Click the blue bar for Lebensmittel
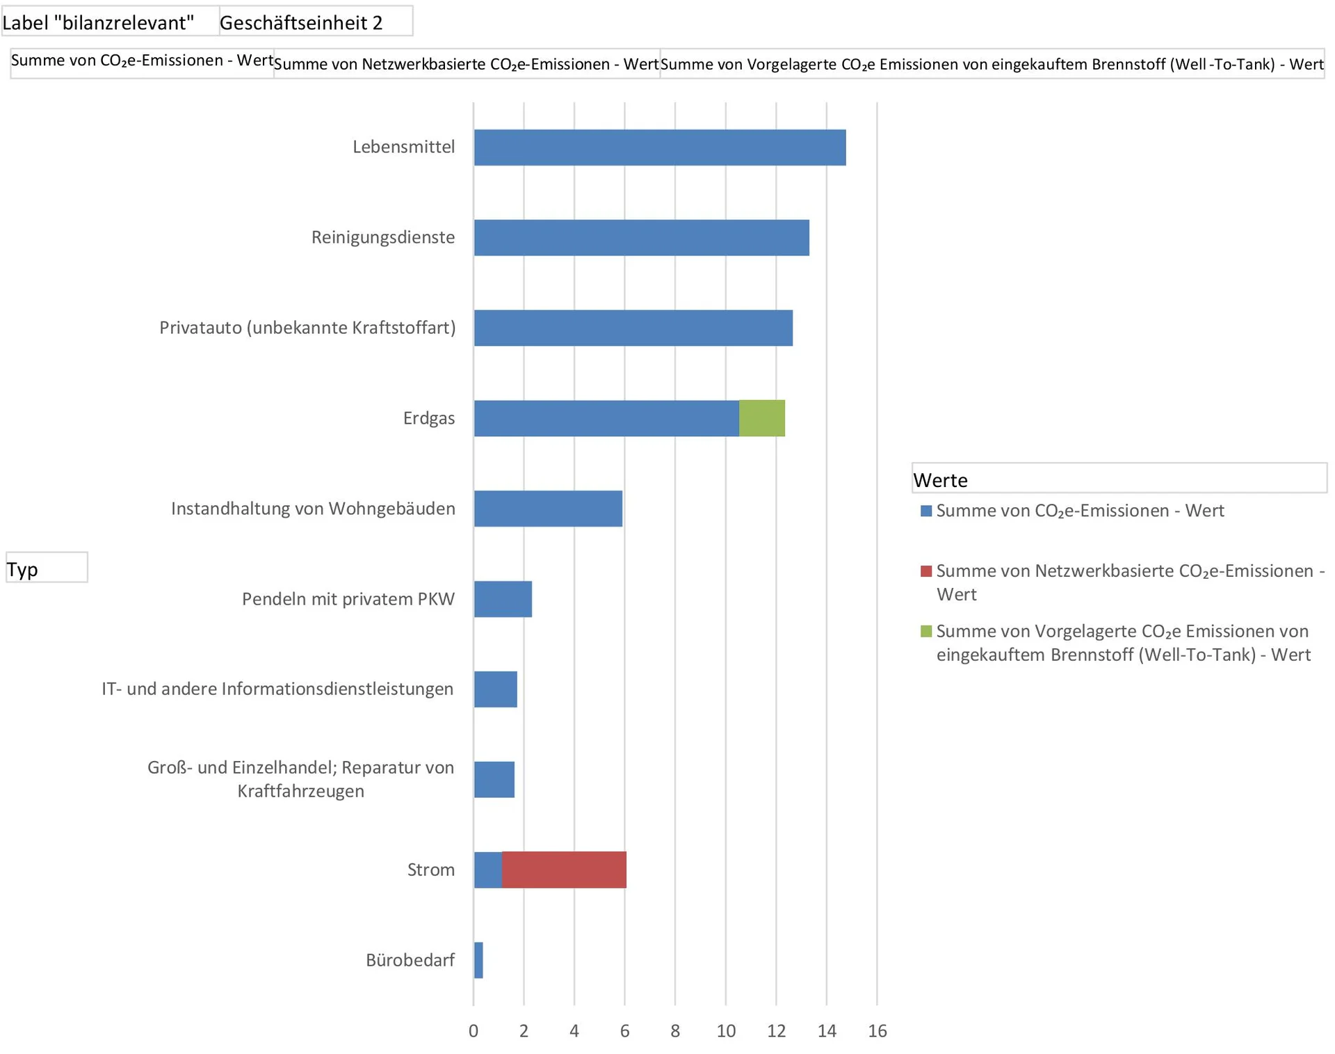tap(659, 147)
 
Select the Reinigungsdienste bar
tap(641, 238)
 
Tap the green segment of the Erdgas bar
tap(761, 418)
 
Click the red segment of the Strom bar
tap(564, 870)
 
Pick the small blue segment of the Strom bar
tap(488, 870)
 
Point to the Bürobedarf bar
tap(478, 960)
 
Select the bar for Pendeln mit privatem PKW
tap(503, 599)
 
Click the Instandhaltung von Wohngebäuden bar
tap(548, 509)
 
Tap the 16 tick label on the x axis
tap(877, 1031)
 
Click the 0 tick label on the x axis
tap(474, 1031)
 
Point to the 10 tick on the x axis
tap(726, 1031)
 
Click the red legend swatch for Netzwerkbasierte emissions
tap(925, 571)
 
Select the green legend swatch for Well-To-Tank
tap(925, 632)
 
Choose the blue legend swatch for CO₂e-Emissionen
tap(925, 511)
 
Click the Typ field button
tap(47, 568)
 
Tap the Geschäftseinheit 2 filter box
tap(316, 22)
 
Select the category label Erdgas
tap(429, 418)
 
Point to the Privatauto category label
tap(307, 328)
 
